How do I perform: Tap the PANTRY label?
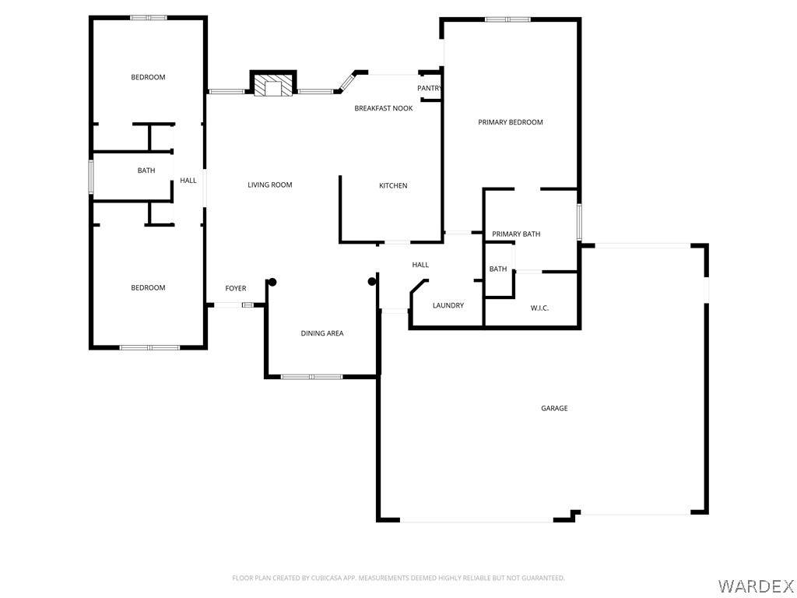click(430, 89)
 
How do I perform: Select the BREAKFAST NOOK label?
click(383, 108)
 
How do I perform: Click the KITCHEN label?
click(393, 185)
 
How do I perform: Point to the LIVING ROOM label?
click(270, 185)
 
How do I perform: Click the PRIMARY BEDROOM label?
click(511, 122)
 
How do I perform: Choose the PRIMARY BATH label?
click(516, 234)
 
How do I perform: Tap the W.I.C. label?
click(539, 308)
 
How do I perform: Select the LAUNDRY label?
click(448, 305)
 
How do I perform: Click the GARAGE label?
click(554, 408)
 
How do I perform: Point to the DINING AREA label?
click(321, 333)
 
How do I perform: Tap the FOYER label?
click(235, 288)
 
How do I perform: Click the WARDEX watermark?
click(755, 586)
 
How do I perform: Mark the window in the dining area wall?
click(311, 377)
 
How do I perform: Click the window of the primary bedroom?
click(507, 19)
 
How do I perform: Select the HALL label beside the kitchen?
click(420, 265)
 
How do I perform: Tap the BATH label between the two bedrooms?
click(146, 171)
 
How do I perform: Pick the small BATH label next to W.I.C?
click(498, 269)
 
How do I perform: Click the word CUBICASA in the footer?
click(326, 579)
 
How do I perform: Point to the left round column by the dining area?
click(272, 282)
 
